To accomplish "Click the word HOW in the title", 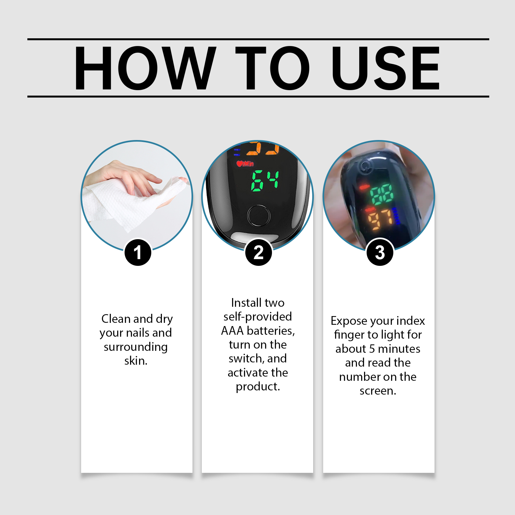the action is tap(145, 68).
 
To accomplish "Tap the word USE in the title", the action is tap(386, 68).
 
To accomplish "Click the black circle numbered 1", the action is tap(138, 252).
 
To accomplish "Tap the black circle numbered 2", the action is tap(258, 252).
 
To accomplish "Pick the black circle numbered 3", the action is tap(380, 252).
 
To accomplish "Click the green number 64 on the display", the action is tap(265, 181).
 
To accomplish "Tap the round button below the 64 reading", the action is tap(258, 215).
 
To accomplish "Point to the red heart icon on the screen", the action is tap(239, 164).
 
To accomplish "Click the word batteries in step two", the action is tap(271, 331).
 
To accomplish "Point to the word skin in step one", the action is tap(136, 360).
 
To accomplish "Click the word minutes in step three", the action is tap(399, 349).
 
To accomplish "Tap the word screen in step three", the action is tap(378, 391).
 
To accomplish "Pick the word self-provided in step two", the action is tap(258, 316).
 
